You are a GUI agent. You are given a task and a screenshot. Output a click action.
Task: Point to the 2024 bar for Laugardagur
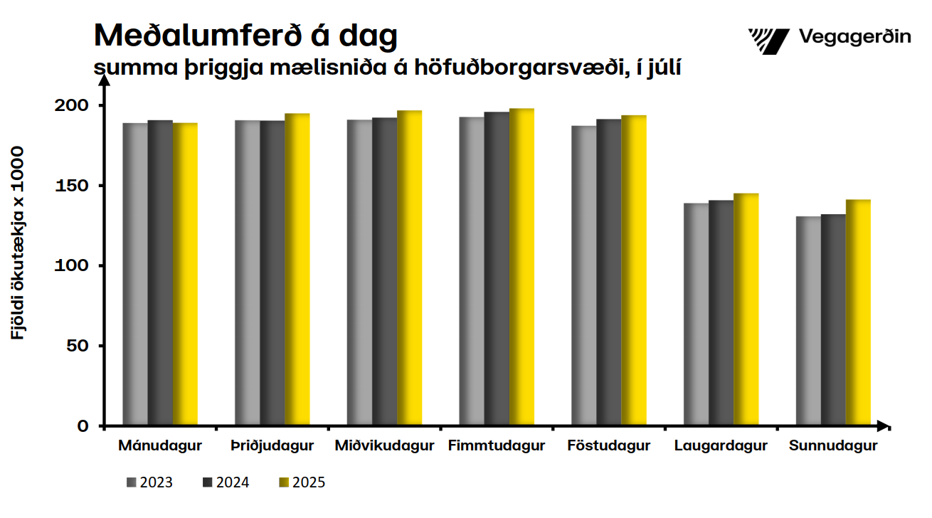721,313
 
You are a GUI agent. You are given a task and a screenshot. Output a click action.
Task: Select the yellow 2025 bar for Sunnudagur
858,313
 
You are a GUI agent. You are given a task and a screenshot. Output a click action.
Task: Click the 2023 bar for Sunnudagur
808,321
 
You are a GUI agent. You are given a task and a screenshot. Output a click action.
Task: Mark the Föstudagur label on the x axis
609,447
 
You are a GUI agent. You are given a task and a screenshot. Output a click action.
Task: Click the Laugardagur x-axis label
721,447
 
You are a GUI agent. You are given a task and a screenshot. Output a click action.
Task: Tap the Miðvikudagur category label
384,447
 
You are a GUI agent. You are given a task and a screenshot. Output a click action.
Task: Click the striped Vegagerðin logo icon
768,41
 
